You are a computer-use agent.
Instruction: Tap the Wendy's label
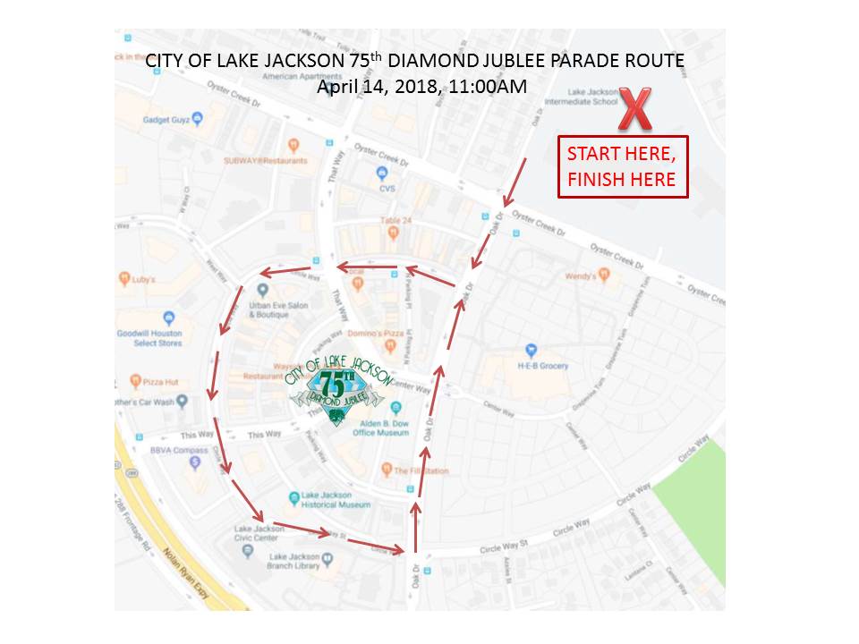tap(582, 276)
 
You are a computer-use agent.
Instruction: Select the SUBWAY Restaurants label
tap(265, 161)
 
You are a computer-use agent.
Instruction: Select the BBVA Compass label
tap(179, 450)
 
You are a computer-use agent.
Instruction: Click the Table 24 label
tap(394, 220)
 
